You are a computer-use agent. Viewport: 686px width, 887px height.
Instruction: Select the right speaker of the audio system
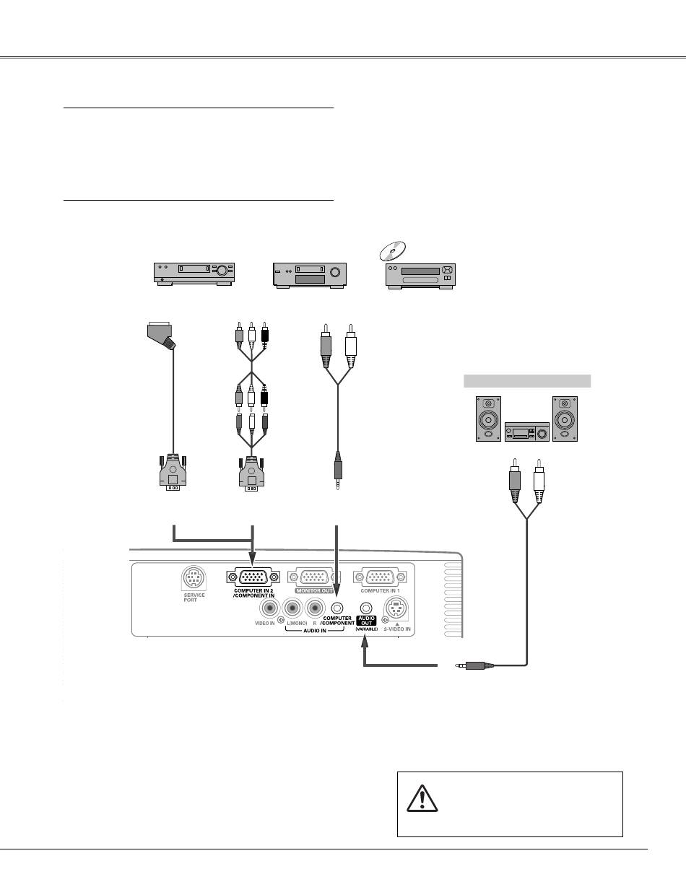point(565,419)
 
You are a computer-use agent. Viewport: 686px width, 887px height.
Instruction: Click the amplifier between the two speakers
point(526,431)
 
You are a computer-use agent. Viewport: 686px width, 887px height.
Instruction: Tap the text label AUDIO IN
point(315,629)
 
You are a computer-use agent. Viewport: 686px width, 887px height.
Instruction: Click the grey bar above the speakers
point(526,381)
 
